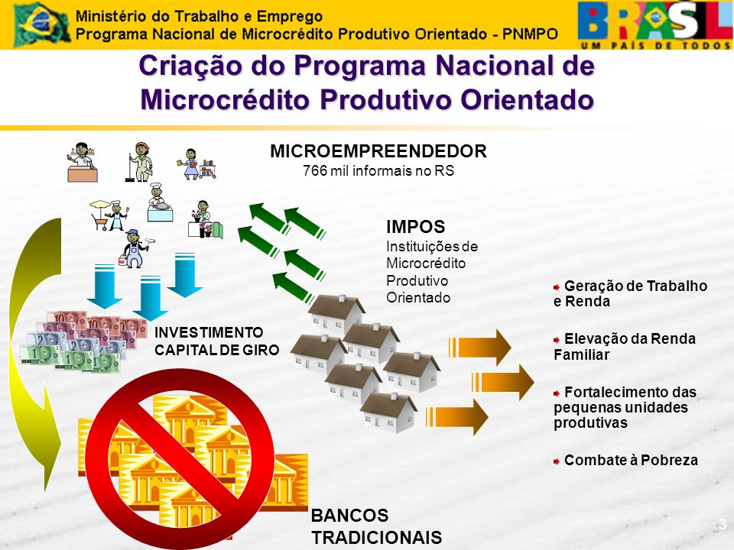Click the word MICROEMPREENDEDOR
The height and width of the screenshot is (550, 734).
click(378, 151)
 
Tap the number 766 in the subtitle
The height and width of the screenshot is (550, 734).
click(314, 170)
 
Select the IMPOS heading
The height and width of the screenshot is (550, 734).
click(416, 227)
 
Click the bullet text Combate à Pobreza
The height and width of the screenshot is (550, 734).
click(631, 460)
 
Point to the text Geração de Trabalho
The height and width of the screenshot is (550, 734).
click(635, 286)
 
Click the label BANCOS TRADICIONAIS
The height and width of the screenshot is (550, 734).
click(376, 526)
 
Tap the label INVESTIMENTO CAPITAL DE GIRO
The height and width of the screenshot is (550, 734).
click(216, 341)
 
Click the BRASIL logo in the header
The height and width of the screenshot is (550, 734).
click(654, 24)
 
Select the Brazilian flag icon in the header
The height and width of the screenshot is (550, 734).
click(41, 24)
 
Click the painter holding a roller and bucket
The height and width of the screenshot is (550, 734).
click(135, 248)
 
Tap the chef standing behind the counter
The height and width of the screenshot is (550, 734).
click(160, 202)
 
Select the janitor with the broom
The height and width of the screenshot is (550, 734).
click(139, 162)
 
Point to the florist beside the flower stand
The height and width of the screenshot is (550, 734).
click(205, 219)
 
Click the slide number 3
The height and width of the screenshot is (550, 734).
click(723, 524)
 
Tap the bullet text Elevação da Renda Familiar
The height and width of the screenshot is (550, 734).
click(625, 347)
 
